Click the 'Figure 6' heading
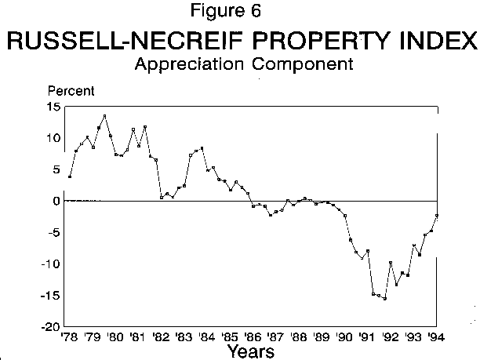pyautogui.click(x=239, y=13)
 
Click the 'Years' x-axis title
pyautogui.click(x=251, y=351)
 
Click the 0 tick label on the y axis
pyautogui.click(x=56, y=200)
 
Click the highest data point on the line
pyautogui.click(x=104, y=116)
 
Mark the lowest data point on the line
pyautogui.click(x=385, y=298)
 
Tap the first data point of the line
pyautogui.click(x=70, y=176)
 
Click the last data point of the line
pyautogui.click(x=436, y=216)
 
